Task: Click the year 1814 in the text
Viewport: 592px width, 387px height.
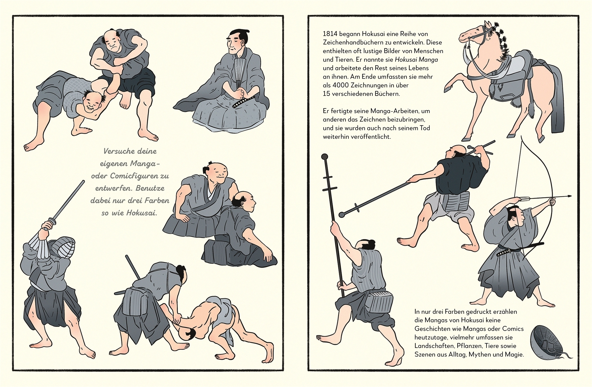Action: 330,34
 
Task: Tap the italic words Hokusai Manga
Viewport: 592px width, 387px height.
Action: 416,60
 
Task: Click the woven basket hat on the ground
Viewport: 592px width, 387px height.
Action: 546,342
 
